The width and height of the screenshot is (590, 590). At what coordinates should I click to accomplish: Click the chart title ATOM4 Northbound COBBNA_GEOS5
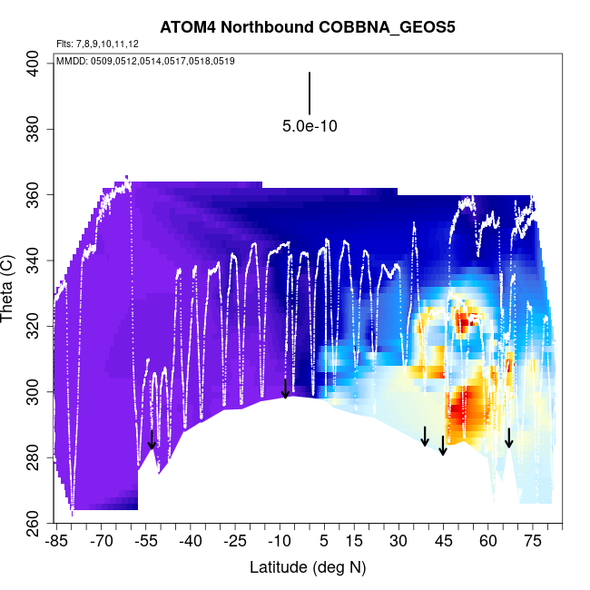coord(308,27)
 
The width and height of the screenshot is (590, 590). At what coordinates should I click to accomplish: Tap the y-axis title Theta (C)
coord(10,290)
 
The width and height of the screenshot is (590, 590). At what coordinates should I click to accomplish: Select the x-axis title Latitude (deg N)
coord(308,567)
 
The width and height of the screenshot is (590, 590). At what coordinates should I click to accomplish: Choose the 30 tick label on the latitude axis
coord(398,542)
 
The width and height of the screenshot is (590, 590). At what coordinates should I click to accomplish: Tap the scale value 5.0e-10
coord(310,127)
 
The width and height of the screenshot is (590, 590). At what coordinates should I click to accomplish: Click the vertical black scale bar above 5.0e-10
coord(310,93)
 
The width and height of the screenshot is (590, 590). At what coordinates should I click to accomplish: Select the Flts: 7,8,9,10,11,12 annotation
coord(97,44)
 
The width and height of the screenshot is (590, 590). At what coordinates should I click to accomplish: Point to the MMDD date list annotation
coord(145,61)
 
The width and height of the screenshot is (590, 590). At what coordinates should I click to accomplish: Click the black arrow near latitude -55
coord(152,439)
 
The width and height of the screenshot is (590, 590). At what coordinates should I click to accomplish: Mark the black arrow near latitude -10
coord(285,388)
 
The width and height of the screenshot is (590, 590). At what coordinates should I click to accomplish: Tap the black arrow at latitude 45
coord(443,446)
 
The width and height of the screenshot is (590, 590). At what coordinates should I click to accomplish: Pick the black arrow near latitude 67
coord(509,438)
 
